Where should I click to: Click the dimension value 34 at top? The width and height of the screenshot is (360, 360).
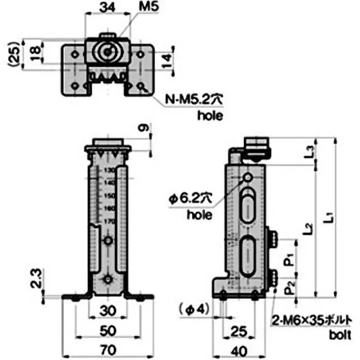tap(107, 8)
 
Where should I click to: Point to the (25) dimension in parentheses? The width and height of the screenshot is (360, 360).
tap(14, 54)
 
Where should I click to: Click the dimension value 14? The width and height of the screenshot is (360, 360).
tap(166, 59)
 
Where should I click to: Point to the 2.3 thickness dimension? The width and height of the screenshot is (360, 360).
tap(37, 278)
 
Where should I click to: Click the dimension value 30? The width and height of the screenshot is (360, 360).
tap(108, 311)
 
